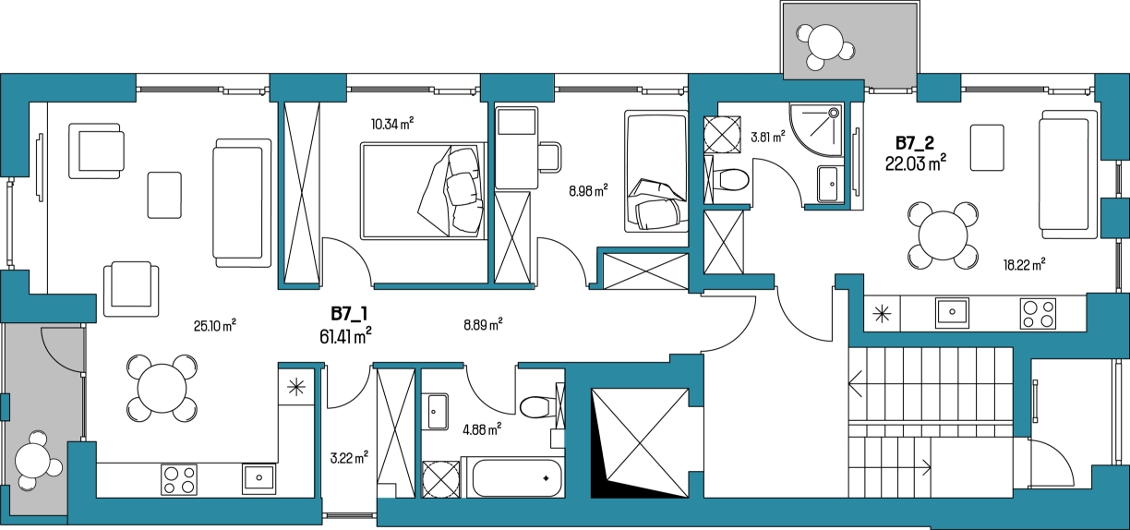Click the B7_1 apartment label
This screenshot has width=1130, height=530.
pyautogui.click(x=349, y=313)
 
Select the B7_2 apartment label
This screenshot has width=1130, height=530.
pyautogui.click(x=915, y=143)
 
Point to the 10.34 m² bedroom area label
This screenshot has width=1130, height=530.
pyautogui.click(x=392, y=124)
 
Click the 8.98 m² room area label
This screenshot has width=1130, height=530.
pyautogui.click(x=588, y=191)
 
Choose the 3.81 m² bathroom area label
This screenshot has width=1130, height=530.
pyautogui.click(x=768, y=137)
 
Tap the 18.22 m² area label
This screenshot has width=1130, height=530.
pyautogui.click(x=1024, y=264)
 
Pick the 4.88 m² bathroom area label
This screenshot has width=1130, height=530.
pyautogui.click(x=482, y=429)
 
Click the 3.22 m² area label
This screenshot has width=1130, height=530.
pyautogui.click(x=349, y=458)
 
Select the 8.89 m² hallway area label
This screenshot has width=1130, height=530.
pyautogui.click(x=483, y=325)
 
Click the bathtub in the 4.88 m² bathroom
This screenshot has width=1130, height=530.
pyautogui.click(x=517, y=477)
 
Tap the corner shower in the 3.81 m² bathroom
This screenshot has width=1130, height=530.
pyautogui.click(x=816, y=129)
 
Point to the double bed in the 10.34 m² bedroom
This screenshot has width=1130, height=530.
pyautogui.click(x=424, y=191)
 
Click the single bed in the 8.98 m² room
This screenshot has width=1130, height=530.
pyautogui.click(x=655, y=172)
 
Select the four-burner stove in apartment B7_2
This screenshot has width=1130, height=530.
pyautogui.click(x=1038, y=314)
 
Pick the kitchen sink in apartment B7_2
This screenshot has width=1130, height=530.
pyautogui.click(x=952, y=312)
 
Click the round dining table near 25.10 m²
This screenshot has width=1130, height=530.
pyautogui.click(x=162, y=388)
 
